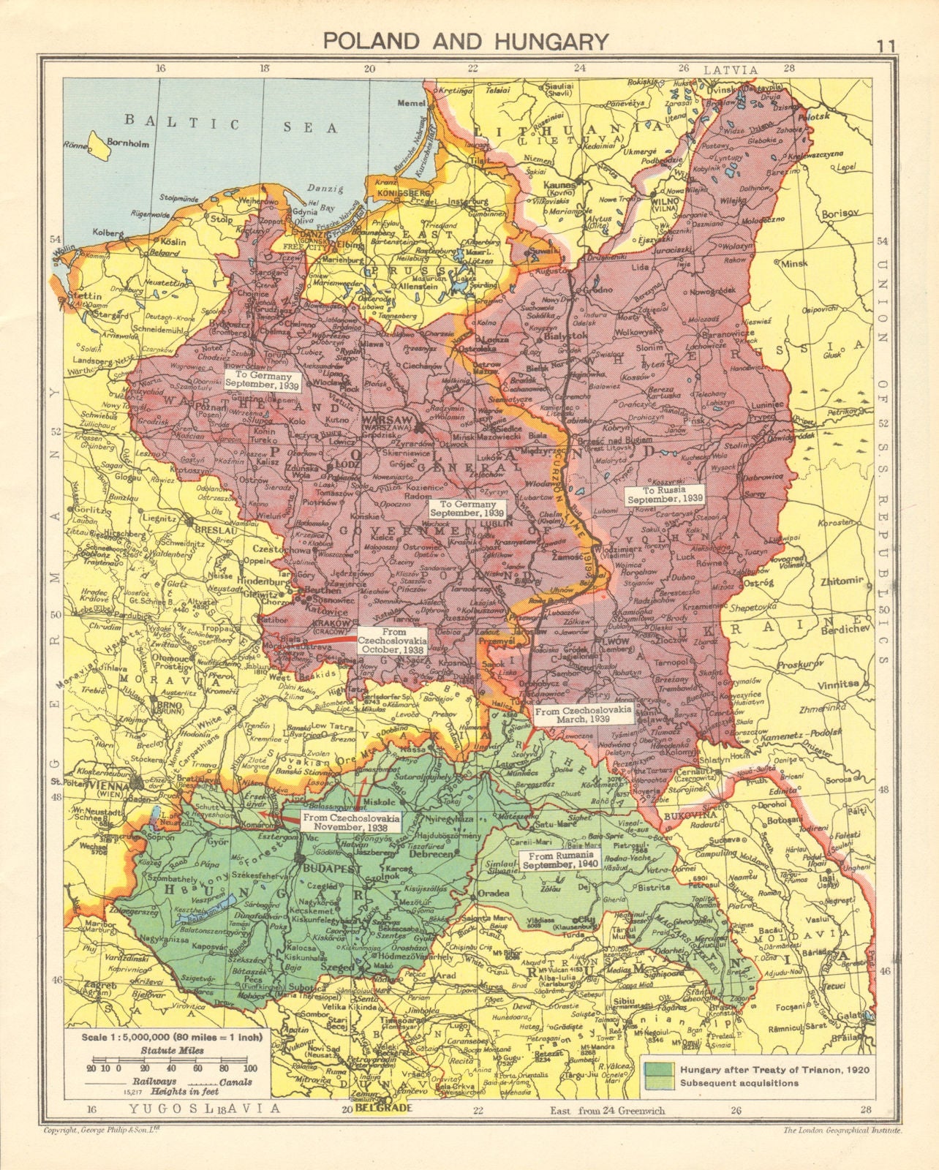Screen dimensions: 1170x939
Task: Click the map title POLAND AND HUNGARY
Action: [x=466, y=41]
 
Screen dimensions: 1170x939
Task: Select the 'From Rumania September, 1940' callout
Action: [x=559, y=858]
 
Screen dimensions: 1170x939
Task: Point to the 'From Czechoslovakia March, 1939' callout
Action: [x=583, y=714]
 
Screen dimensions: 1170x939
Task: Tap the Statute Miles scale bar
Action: [x=167, y=1067]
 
